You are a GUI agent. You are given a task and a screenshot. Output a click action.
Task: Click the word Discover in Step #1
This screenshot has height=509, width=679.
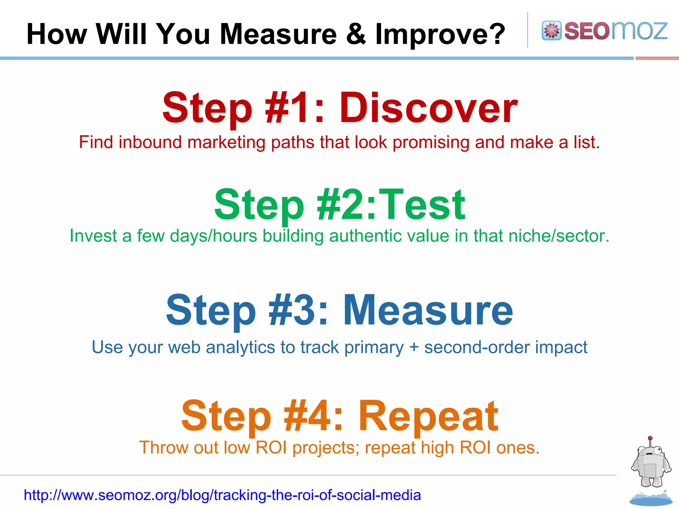(x=428, y=108)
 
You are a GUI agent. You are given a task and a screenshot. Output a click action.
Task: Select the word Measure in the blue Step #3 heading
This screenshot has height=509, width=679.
(x=428, y=310)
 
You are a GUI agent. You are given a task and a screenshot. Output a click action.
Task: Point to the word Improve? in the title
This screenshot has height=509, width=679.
(x=440, y=34)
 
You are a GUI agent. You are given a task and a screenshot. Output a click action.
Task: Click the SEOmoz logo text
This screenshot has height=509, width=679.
(x=615, y=30)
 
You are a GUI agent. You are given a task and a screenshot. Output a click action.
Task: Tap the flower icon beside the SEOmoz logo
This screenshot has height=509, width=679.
(x=551, y=30)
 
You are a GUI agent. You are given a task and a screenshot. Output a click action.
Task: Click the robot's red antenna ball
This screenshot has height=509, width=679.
(x=650, y=438)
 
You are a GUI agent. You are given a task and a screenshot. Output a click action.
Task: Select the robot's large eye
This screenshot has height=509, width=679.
(x=657, y=451)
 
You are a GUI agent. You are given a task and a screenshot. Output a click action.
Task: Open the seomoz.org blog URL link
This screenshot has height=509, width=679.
(x=222, y=495)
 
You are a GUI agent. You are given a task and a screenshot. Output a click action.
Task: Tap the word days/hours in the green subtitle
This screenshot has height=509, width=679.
(x=214, y=236)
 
